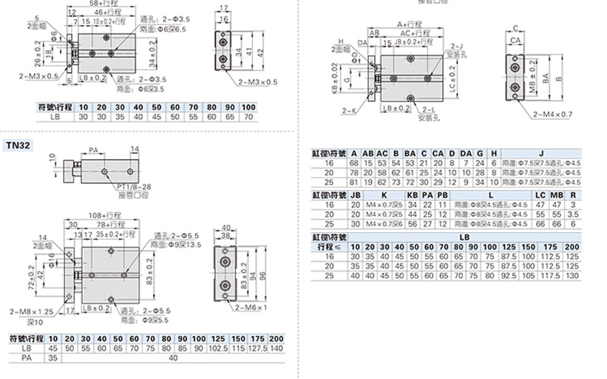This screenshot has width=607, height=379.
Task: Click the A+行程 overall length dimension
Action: [413, 25]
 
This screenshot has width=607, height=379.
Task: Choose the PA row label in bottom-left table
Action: [26, 357]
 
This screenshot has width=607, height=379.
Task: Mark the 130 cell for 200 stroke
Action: [571, 274]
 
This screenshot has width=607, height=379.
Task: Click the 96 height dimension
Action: [263, 275]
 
